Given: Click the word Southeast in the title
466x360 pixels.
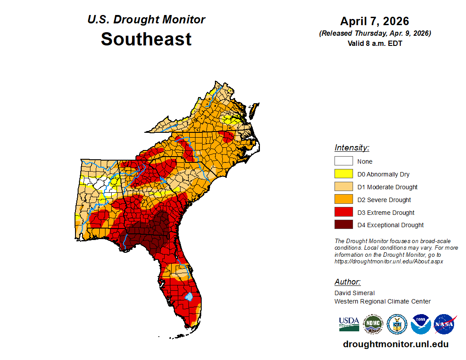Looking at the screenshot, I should [146, 39].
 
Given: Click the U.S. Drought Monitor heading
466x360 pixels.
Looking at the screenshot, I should [146, 20].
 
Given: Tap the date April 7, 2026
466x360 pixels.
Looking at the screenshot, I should [375, 21].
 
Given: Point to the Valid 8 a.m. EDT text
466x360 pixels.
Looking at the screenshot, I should [375, 43].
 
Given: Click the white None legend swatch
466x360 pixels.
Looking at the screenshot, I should [343, 161].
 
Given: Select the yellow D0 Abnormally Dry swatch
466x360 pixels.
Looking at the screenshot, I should [343, 174].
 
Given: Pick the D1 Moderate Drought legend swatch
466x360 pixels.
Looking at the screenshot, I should [343, 187].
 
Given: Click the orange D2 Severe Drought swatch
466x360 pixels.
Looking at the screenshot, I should [343, 199].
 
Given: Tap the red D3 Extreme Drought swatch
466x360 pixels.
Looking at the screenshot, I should [343, 212].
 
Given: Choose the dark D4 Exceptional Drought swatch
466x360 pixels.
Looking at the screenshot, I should [343, 225].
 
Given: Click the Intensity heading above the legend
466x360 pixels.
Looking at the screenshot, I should [352, 148].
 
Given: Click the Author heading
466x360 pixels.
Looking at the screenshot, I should [347, 282].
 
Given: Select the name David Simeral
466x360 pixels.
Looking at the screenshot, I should [354, 293].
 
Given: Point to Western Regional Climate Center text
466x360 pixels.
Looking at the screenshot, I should [382, 301].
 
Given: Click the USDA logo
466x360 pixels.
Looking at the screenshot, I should [349, 324].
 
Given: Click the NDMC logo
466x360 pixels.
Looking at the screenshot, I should [373, 324].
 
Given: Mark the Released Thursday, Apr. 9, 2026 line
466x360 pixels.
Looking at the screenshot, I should [375, 34].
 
